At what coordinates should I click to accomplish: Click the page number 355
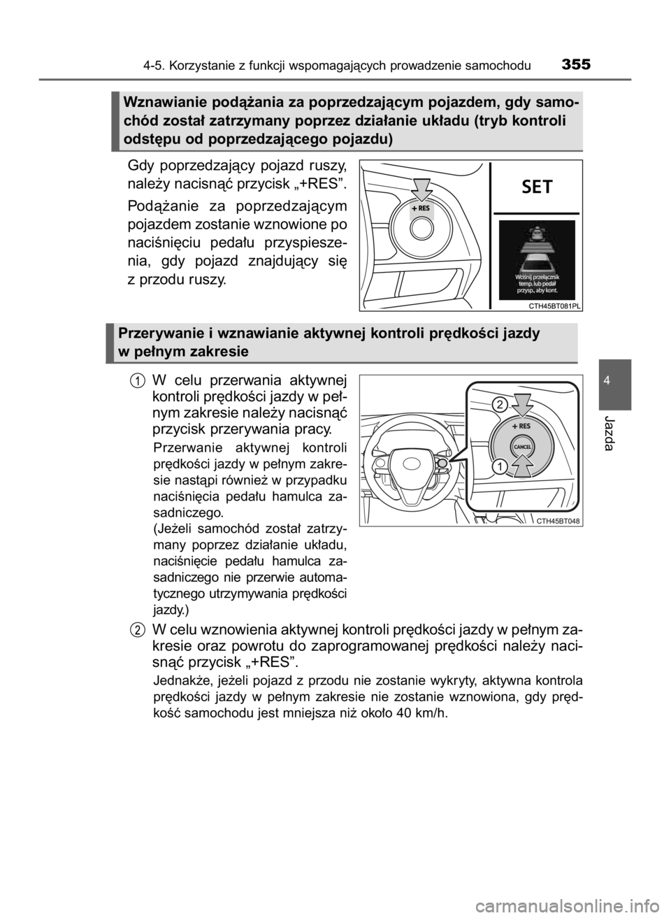point(576,64)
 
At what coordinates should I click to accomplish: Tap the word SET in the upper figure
point(537,187)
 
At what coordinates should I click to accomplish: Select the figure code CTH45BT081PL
point(553,306)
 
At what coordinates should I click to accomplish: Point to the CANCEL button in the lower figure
point(522,447)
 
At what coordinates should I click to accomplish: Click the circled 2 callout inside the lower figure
point(500,405)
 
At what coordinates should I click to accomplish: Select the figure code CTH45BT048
point(558,522)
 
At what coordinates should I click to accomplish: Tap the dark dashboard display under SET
point(537,260)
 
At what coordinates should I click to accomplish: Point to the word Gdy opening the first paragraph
point(140,168)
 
